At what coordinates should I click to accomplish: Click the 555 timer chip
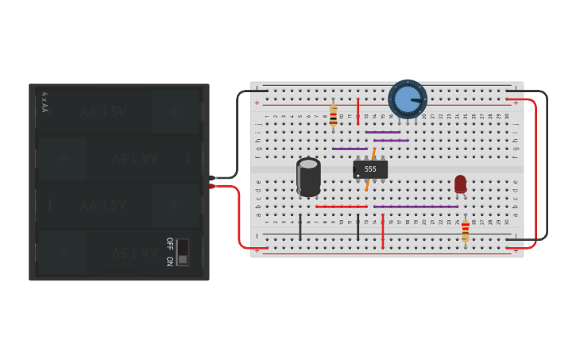coord(370,169)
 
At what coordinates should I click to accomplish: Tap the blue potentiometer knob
coord(407,99)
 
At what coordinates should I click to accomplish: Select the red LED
coord(460,184)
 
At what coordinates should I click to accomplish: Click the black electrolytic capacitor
coord(309,176)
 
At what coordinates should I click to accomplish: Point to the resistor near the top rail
coord(333,115)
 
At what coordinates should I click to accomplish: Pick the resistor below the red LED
coord(466,230)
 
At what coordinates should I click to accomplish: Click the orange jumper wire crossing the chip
coord(370,169)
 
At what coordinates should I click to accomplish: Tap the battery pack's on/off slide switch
coord(183,252)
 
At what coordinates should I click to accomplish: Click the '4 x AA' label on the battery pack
coord(44,102)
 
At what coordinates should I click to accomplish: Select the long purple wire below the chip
coord(416,207)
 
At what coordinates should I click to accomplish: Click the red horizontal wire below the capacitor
coord(341,207)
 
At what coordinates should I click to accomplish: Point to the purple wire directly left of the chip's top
coord(350,149)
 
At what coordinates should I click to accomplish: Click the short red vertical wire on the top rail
coord(358,111)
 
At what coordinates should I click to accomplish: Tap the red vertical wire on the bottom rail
coord(383,231)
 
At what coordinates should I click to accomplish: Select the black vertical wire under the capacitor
coord(300,226)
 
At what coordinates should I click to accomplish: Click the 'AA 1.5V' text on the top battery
coord(103,112)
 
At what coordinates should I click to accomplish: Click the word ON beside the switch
coord(169,261)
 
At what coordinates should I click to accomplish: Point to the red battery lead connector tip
coord(213,187)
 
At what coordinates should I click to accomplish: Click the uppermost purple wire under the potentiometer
coord(383,132)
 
